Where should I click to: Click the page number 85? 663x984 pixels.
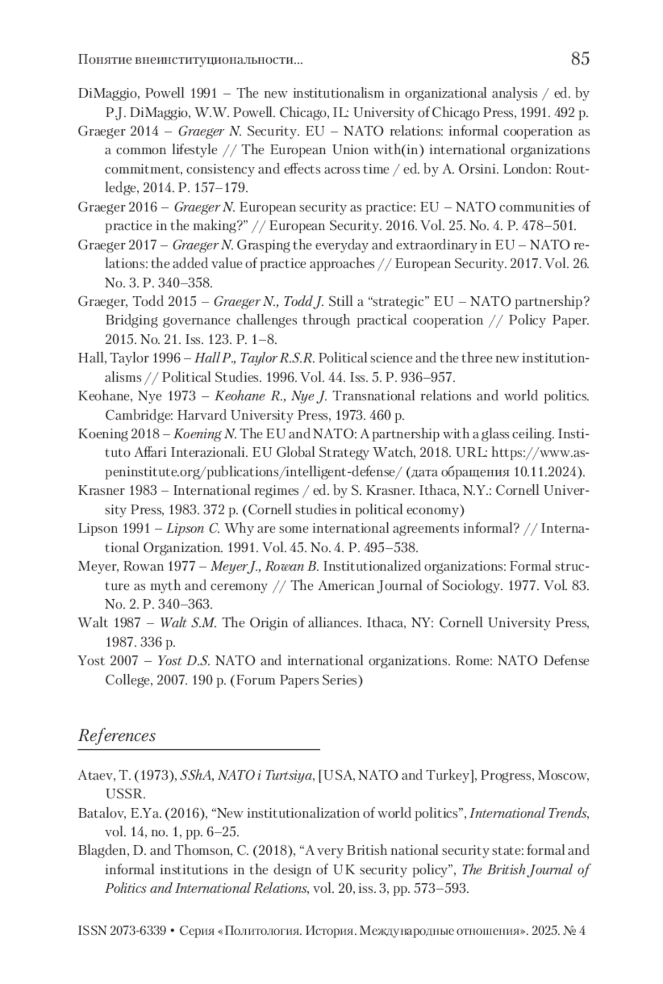[x=580, y=59]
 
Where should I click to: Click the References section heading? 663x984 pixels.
[x=117, y=736]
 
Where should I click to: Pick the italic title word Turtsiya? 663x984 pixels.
[x=288, y=776]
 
